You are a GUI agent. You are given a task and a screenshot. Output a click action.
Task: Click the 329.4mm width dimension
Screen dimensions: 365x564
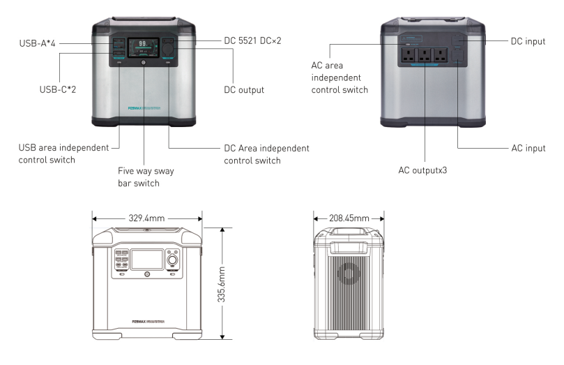click(x=146, y=218)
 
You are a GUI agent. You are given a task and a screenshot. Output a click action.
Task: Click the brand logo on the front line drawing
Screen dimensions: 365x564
click(x=146, y=322)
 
